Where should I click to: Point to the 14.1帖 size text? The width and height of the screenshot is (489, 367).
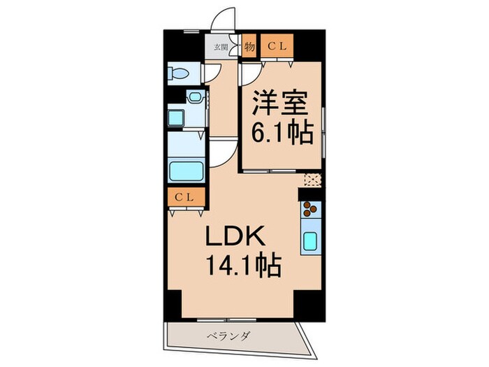tap(242, 266)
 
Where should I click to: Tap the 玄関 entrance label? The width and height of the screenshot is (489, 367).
tap(220, 47)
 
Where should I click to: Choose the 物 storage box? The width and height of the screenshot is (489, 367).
tap(249, 47)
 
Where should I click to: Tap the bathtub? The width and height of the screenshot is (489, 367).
tap(186, 171)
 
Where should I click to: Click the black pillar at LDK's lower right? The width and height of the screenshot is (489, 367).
tap(305, 303)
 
